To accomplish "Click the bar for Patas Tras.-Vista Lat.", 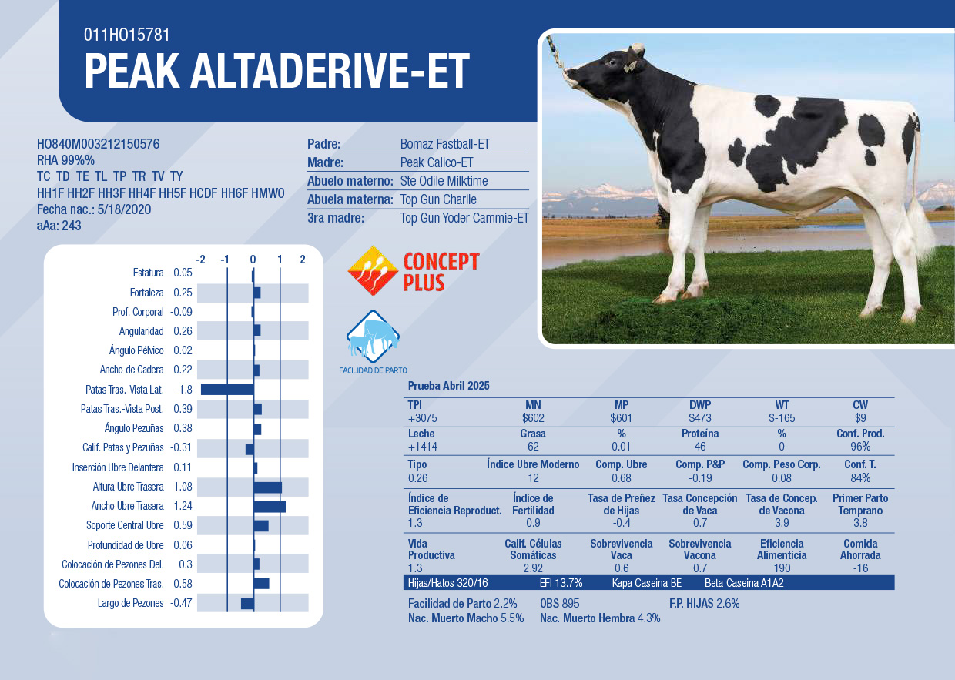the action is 227,389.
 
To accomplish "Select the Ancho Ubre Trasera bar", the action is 270,507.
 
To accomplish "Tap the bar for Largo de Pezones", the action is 247,603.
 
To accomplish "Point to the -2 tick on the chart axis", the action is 200,260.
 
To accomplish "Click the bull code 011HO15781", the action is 126,35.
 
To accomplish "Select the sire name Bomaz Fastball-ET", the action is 444,144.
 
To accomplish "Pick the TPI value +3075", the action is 423,418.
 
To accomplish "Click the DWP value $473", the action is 699,418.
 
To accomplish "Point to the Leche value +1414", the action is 423,447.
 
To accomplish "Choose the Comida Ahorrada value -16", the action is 860,568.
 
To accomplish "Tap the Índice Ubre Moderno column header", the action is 533,464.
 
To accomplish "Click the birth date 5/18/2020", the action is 124,209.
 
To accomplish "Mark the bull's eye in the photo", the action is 612,62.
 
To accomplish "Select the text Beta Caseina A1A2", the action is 744,583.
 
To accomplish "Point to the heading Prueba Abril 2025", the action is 448,386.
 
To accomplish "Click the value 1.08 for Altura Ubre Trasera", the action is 183,487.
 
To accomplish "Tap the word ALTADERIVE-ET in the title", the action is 330,71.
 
